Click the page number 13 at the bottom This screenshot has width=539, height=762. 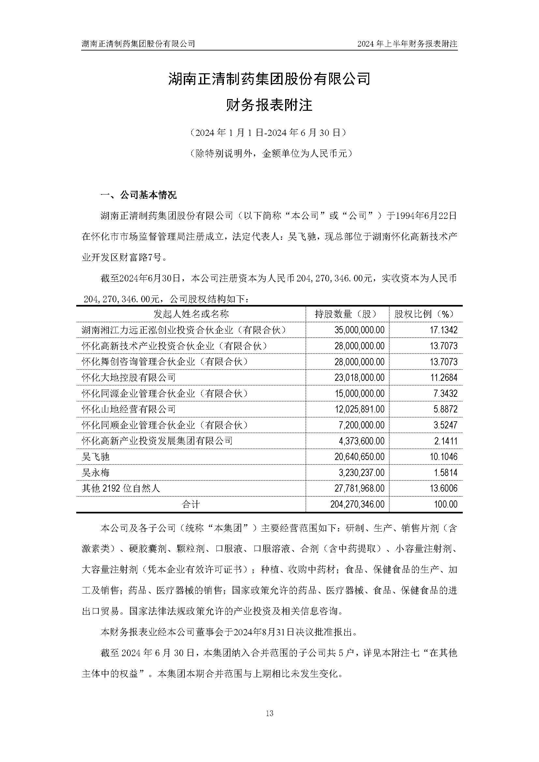click(x=269, y=713)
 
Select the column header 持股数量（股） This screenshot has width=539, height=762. click(x=347, y=314)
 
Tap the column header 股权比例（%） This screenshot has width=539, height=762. click(x=426, y=314)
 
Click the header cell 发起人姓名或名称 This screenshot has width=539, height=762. click(x=191, y=314)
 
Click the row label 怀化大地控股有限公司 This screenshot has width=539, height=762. click(x=129, y=378)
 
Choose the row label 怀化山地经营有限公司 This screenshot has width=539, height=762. click(x=129, y=409)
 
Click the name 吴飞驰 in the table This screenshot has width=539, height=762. click(x=95, y=457)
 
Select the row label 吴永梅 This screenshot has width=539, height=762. click(x=95, y=473)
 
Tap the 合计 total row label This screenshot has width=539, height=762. click(x=191, y=505)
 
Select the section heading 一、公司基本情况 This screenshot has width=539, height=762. click(x=138, y=195)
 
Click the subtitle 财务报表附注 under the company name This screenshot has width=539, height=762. click(x=269, y=106)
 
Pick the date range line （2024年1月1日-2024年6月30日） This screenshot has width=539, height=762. click(x=269, y=133)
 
